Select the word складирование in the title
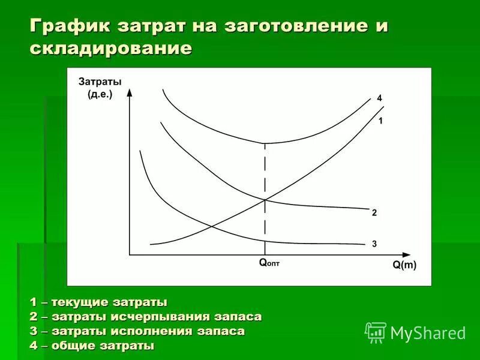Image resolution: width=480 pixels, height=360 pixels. (111, 48)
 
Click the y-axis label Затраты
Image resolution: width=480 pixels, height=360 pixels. (100, 82)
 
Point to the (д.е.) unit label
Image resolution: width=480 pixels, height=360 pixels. (100, 94)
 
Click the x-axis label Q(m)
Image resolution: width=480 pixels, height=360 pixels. (404, 265)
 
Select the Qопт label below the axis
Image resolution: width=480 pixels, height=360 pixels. (269, 262)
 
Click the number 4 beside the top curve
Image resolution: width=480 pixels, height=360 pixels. (379, 98)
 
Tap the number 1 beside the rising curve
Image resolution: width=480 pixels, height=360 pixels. (380, 121)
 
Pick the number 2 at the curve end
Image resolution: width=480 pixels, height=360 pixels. (374, 212)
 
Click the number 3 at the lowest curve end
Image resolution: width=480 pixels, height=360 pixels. (374, 244)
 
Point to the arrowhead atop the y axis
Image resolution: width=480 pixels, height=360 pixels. (130, 94)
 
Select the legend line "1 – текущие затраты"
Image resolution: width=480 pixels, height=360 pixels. (98, 301)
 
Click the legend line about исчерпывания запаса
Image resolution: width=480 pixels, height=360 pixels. (146, 316)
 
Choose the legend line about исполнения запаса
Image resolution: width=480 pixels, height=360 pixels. (137, 331)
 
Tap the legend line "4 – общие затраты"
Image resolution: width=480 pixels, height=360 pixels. (92, 346)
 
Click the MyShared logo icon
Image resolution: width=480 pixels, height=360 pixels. (376, 332)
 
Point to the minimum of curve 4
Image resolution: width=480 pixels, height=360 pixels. (265, 143)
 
